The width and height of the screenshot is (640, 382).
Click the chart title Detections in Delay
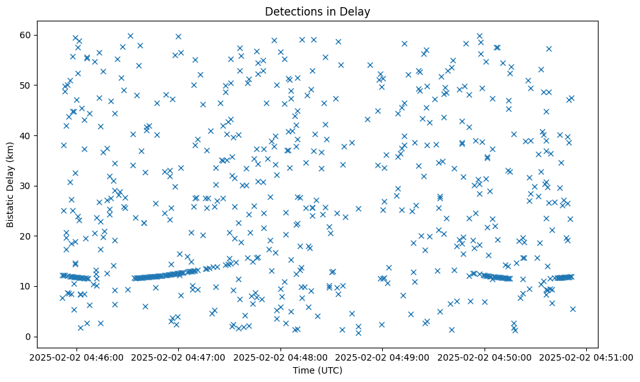click(x=317, y=11)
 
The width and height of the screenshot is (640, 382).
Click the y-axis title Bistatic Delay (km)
click(x=10, y=185)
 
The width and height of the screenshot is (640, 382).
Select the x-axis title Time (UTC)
click(x=317, y=370)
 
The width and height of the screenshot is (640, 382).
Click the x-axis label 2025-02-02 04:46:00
click(x=76, y=357)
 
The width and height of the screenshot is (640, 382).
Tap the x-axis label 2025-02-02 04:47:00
click(x=179, y=357)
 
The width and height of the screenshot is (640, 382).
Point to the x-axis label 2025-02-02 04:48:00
click(x=280, y=357)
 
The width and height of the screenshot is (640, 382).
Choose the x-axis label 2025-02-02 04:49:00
click(x=383, y=357)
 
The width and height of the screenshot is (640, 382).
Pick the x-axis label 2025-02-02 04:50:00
click(x=485, y=357)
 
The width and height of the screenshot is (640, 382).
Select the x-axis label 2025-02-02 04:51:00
click(x=587, y=357)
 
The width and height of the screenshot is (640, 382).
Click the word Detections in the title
click(x=290, y=11)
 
